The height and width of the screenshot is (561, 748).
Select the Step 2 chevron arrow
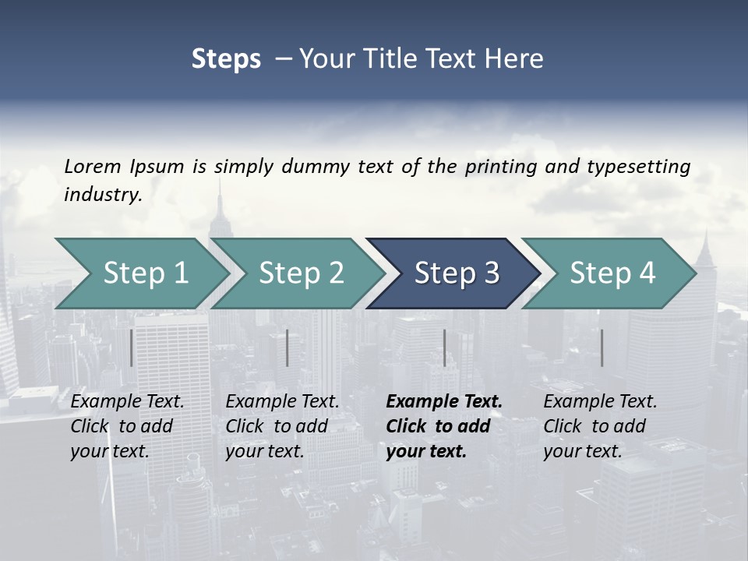301,273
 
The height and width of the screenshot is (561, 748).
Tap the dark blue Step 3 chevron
456,273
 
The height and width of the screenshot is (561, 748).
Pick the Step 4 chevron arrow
612,273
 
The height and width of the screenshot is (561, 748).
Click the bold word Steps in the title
226,59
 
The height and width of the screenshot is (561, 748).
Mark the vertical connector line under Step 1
132,348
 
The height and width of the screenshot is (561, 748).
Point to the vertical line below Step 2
288,348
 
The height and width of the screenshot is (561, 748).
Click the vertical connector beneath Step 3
444,348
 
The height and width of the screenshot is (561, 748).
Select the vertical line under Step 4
602,348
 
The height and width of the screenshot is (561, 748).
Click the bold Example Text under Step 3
444,402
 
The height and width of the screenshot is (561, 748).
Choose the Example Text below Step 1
127,402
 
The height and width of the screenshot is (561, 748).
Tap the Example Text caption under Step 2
282,402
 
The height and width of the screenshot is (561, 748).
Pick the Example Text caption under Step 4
600,402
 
